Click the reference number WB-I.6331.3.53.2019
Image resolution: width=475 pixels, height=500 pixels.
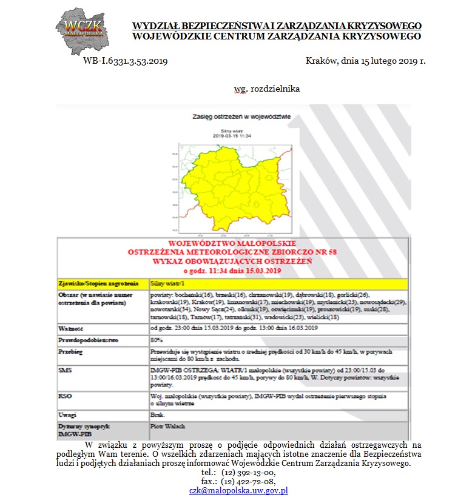125,61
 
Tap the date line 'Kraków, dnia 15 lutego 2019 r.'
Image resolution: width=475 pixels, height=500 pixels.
366,61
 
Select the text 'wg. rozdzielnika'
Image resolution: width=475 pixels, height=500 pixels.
267,89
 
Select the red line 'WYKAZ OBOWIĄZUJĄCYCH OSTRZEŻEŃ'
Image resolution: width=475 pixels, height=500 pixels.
233,261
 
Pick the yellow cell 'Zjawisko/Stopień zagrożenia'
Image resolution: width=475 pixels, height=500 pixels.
95,283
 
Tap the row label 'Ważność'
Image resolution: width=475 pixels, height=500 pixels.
70,328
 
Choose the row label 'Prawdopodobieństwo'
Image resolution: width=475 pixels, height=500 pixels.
86,340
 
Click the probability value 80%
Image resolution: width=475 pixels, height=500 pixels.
157,340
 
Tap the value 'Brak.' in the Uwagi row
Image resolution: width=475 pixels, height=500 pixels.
157,414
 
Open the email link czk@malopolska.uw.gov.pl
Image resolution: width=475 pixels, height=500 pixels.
238,490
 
